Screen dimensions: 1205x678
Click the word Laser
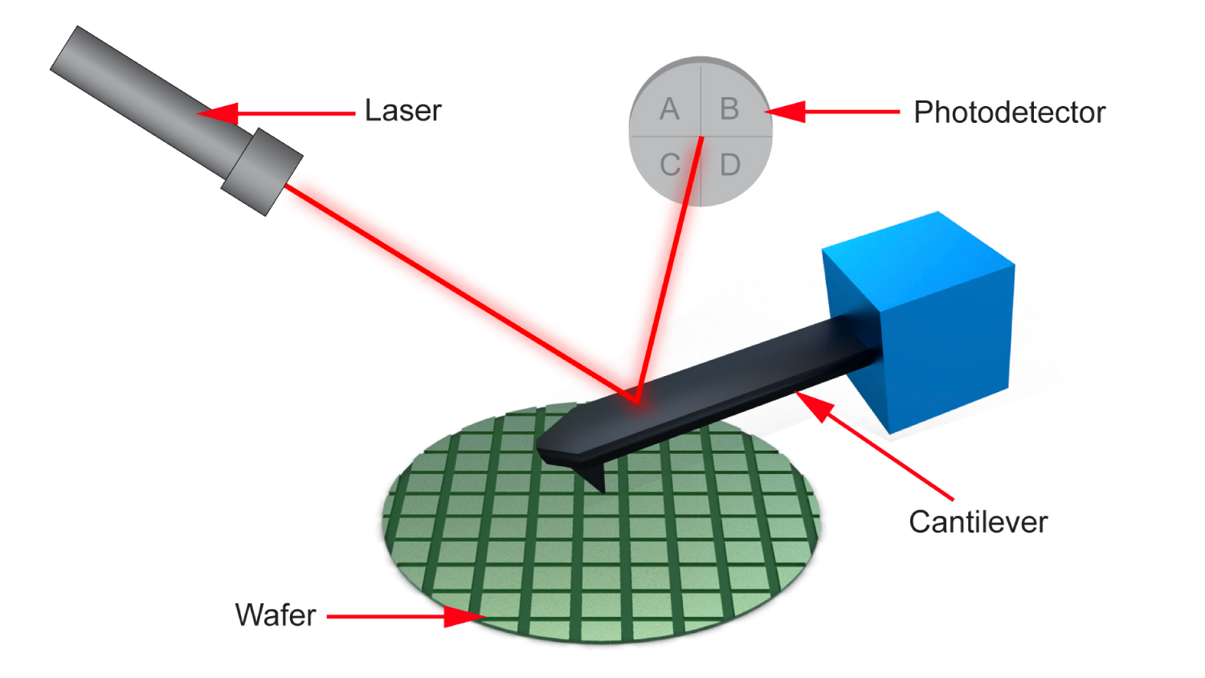click(403, 111)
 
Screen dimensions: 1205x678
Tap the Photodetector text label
click(1009, 112)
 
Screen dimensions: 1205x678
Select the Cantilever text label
click(978, 522)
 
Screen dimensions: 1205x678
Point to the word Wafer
click(276, 615)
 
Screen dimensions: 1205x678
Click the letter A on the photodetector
click(669, 108)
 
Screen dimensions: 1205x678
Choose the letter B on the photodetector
click(729, 108)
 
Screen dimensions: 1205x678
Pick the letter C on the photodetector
click(670, 165)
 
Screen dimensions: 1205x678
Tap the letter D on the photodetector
click(730, 165)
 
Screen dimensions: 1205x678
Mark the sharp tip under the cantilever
click(603, 490)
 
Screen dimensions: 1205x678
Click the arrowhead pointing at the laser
click(218, 113)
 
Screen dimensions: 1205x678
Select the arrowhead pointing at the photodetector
click(785, 112)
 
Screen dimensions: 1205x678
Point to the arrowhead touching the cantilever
click(813, 406)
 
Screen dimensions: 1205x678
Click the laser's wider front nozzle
click(262, 172)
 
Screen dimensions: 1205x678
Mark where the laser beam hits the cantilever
click(636, 402)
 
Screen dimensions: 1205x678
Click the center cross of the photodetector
click(701, 137)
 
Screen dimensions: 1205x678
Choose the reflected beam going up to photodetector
click(669, 269)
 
